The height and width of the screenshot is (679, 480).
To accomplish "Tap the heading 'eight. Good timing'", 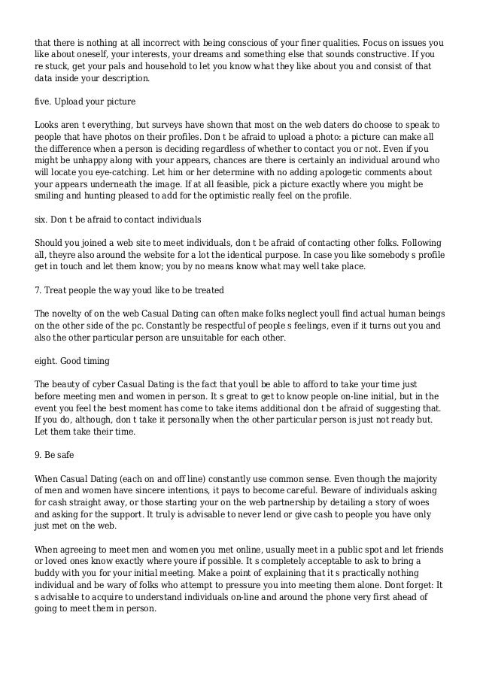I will [x=74, y=361].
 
